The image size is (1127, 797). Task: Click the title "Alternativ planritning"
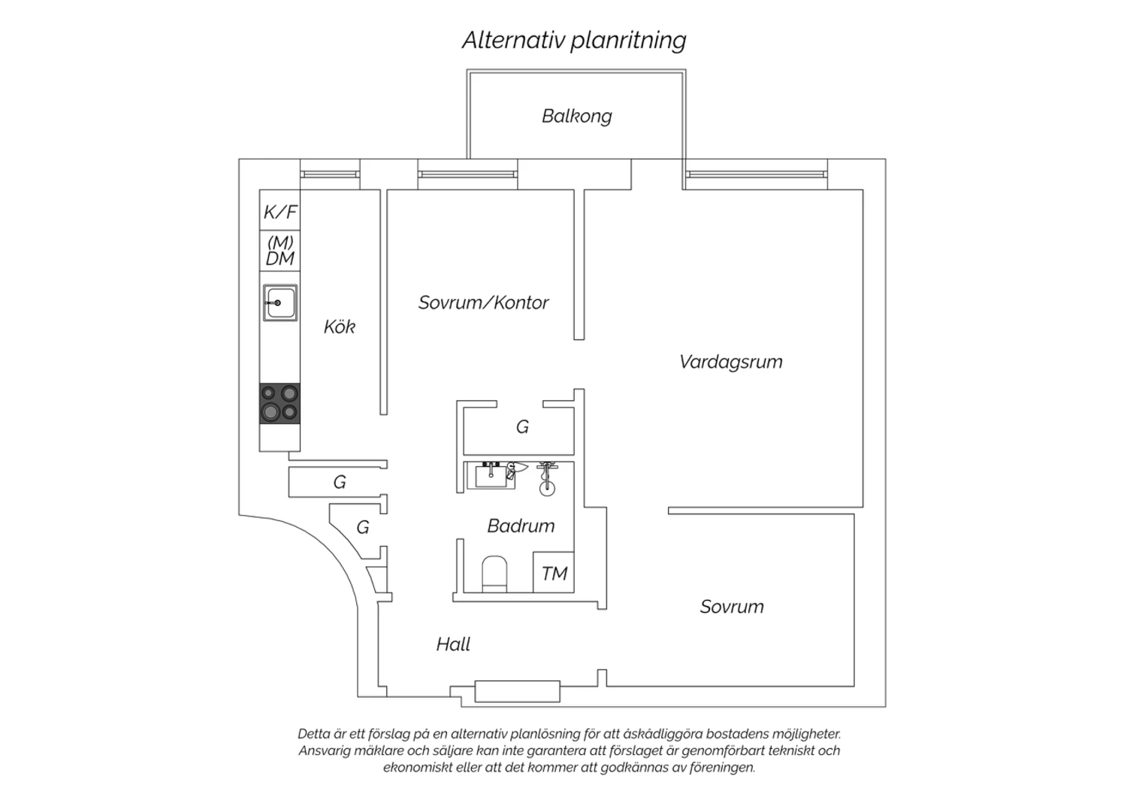click(574, 41)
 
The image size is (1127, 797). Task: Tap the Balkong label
click(576, 117)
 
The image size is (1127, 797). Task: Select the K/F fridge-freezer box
click(279, 210)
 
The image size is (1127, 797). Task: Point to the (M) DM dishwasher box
click(279, 250)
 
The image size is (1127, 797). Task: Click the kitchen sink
click(280, 302)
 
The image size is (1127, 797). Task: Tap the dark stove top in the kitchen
click(279, 403)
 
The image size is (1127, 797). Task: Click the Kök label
click(340, 327)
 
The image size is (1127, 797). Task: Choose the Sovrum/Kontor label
click(484, 302)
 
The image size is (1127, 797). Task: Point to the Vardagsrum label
click(730, 362)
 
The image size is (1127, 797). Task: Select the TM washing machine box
click(554, 572)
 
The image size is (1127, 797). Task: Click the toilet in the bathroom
click(494, 574)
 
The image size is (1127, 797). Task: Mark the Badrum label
click(521, 526)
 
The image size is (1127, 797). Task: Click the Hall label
click(453, 644)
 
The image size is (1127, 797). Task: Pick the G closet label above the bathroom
click(522, 427)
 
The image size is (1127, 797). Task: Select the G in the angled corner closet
click(363, 527)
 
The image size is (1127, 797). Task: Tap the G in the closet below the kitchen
click(340, 482)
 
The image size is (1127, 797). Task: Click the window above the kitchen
click(330, 174)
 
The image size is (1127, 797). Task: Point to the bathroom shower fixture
click(547, 478)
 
